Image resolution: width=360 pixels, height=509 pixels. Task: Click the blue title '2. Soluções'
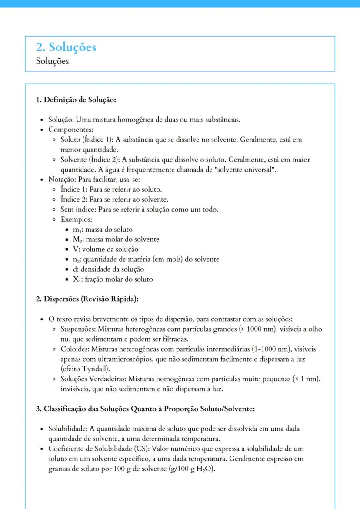[x=66, y=47]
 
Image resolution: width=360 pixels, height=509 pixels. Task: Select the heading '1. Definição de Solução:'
[x=76, y=100]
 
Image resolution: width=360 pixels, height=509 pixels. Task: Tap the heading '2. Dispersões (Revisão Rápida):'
[x=87, y=299]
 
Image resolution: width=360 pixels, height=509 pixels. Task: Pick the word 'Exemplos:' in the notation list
[x=76, y=220]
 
